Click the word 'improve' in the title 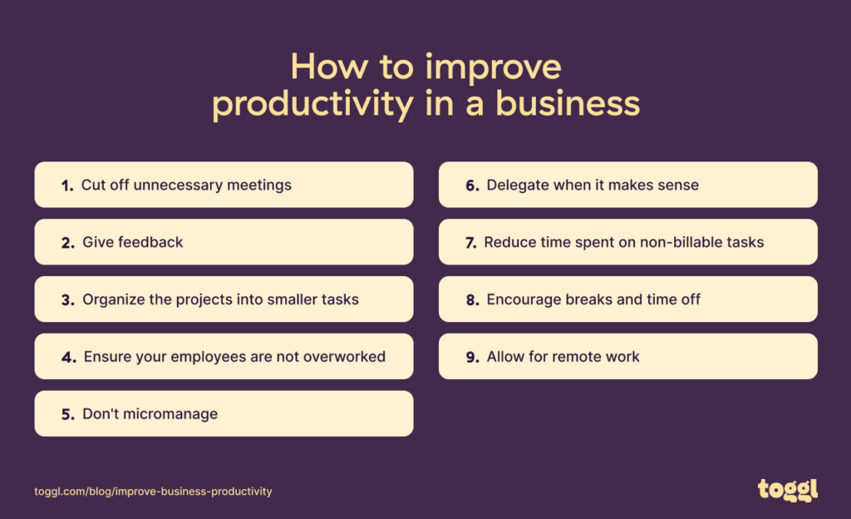(x=492, y=67)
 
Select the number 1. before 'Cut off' (x=67, y=185)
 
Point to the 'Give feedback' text (x=133, y=242)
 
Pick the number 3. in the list (x=67, y=299)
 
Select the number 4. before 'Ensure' (x=68, y=357)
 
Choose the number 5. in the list (x=67, y=414)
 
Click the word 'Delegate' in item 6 (x=518, y=185)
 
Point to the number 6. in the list (x=472, y=185)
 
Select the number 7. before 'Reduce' (x=470, y=243)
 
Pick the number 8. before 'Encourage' (x=472, y=300)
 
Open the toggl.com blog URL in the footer (x=153, y=492)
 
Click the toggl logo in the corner (x=787, y=490)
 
